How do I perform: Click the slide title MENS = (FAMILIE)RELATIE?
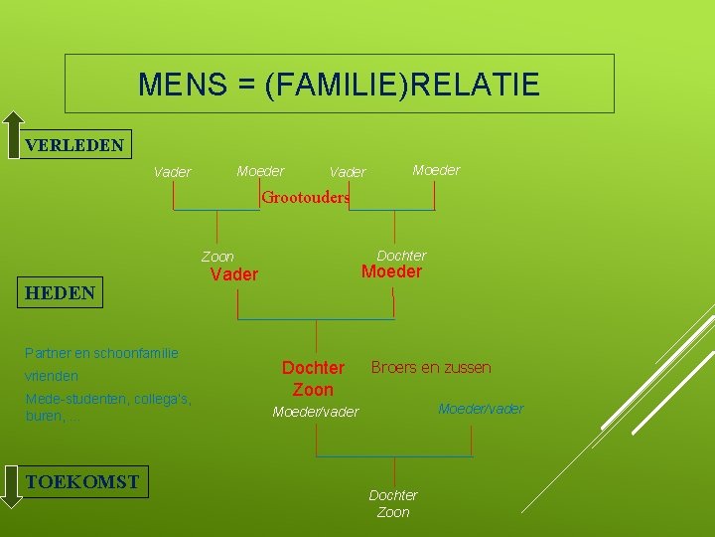tap(340, 85)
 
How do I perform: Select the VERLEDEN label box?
tap(75, 145)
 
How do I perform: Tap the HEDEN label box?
tap(61, 292)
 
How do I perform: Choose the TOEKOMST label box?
tap(82, 482)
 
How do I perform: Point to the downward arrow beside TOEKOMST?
tap(11, 487)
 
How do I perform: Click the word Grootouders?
tap(305, 197)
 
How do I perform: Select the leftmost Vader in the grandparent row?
tap(173, 172)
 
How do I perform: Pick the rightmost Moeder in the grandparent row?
tap(436, 170)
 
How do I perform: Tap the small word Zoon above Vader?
tap(218, 257)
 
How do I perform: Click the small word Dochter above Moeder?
tap(401, 256)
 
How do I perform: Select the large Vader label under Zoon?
tap(234, 274)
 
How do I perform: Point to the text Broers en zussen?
tap(431, 367)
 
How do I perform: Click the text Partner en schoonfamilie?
tap(102, 352)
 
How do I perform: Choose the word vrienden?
tap(52, 377)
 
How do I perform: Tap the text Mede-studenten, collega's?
tap(108, 399)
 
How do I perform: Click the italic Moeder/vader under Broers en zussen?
tap(481, 409)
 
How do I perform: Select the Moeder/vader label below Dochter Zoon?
tap(316, 412)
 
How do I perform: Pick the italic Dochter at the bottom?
tap(393, 495)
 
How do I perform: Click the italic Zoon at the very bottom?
tap(393, 512)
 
